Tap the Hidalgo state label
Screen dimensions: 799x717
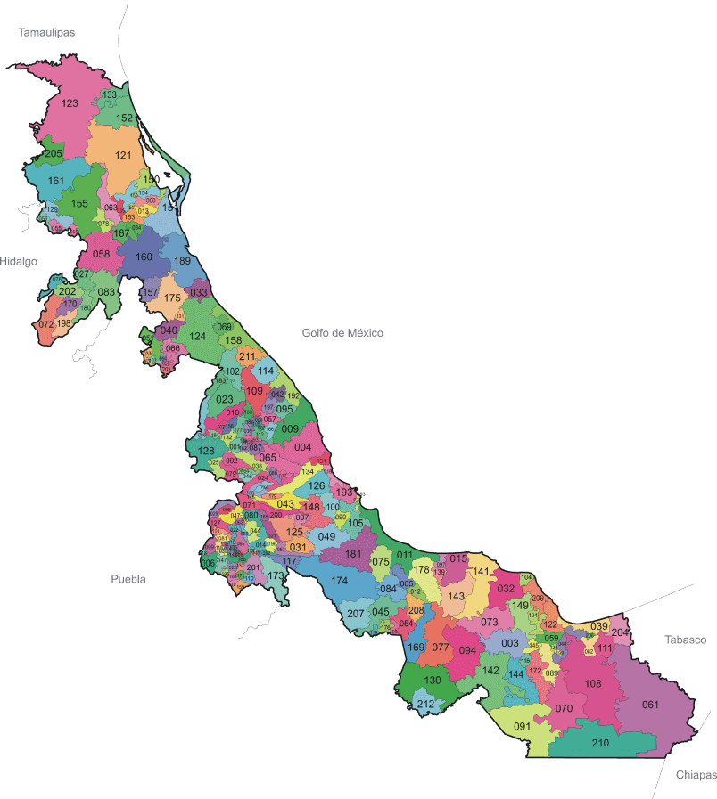tap(18, 261)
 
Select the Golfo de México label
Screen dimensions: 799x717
tap(342, 333)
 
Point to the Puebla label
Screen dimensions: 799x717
tap(128, 579)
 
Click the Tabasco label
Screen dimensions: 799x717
tap(684, 640)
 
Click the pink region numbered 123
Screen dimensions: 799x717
tap(70, 103)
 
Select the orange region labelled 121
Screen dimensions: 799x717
tap(121, 155)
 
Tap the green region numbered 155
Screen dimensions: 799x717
tap(79, 204)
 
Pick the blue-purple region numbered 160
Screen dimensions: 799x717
tap(144, 257)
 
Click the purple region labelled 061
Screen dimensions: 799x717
tap(650, 705)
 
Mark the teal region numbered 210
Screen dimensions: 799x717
tap(600, 743)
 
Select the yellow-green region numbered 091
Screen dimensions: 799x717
tap(522, 726)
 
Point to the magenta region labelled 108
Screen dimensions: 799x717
tap(592, 683)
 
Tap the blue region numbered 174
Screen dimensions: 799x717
tap(339, 581)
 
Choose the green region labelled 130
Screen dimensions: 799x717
tap(432, 681)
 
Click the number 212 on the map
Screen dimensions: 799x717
tap(425, 705)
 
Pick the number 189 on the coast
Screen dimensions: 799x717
tap(182, 261)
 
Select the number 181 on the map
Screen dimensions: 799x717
tap(353, 554)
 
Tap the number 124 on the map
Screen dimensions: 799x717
tap(197, 337)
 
